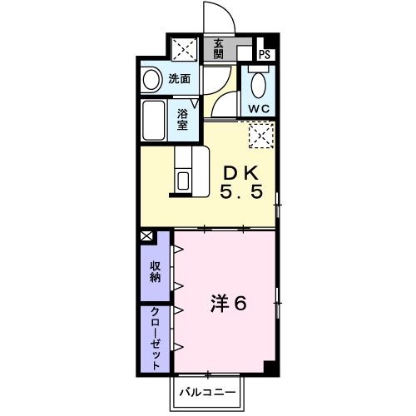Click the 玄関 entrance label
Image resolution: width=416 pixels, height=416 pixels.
tap(218, 48)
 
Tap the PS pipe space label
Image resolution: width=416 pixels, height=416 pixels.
tap(265, 55)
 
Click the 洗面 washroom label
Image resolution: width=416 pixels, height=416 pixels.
tap(180, 80)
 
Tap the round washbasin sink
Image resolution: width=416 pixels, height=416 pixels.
tap(151, 80)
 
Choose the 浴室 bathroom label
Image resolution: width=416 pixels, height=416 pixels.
tap(182, 118)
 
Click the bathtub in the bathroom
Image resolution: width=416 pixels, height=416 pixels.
tap(156, 120)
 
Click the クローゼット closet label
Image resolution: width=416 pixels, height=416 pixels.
tap(156, 336)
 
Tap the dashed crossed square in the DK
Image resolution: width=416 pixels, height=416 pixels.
tap(260, 135)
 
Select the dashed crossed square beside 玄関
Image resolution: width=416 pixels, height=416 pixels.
tap(183, 48)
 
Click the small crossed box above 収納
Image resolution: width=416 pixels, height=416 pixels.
tap(147, 236)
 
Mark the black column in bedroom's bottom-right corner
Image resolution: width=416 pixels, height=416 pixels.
tap(268, 366)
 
